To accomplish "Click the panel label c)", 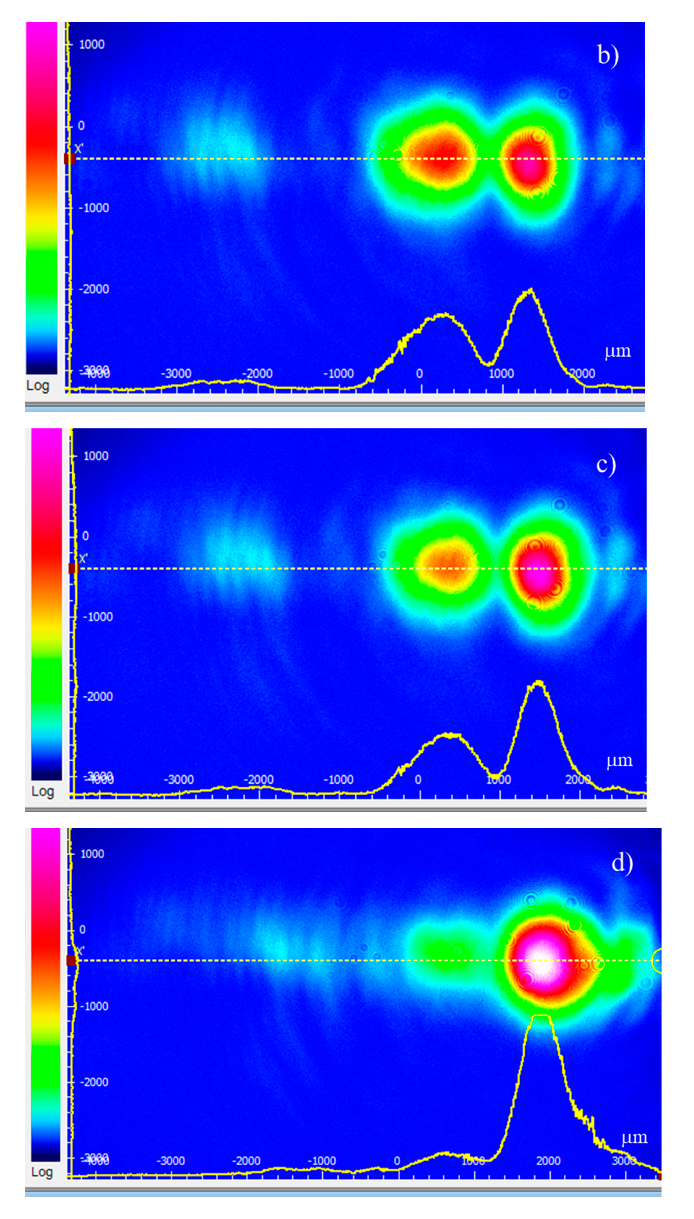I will click(606, 465).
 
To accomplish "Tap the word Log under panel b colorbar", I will click(38, 385).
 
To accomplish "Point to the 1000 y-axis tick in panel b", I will click(92, 44).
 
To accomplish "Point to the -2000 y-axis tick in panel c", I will click(98, 696).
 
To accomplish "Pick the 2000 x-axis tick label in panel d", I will click(548, 1161).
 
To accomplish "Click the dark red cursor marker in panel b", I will click(70, 159).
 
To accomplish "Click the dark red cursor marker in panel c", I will click(73, 568).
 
